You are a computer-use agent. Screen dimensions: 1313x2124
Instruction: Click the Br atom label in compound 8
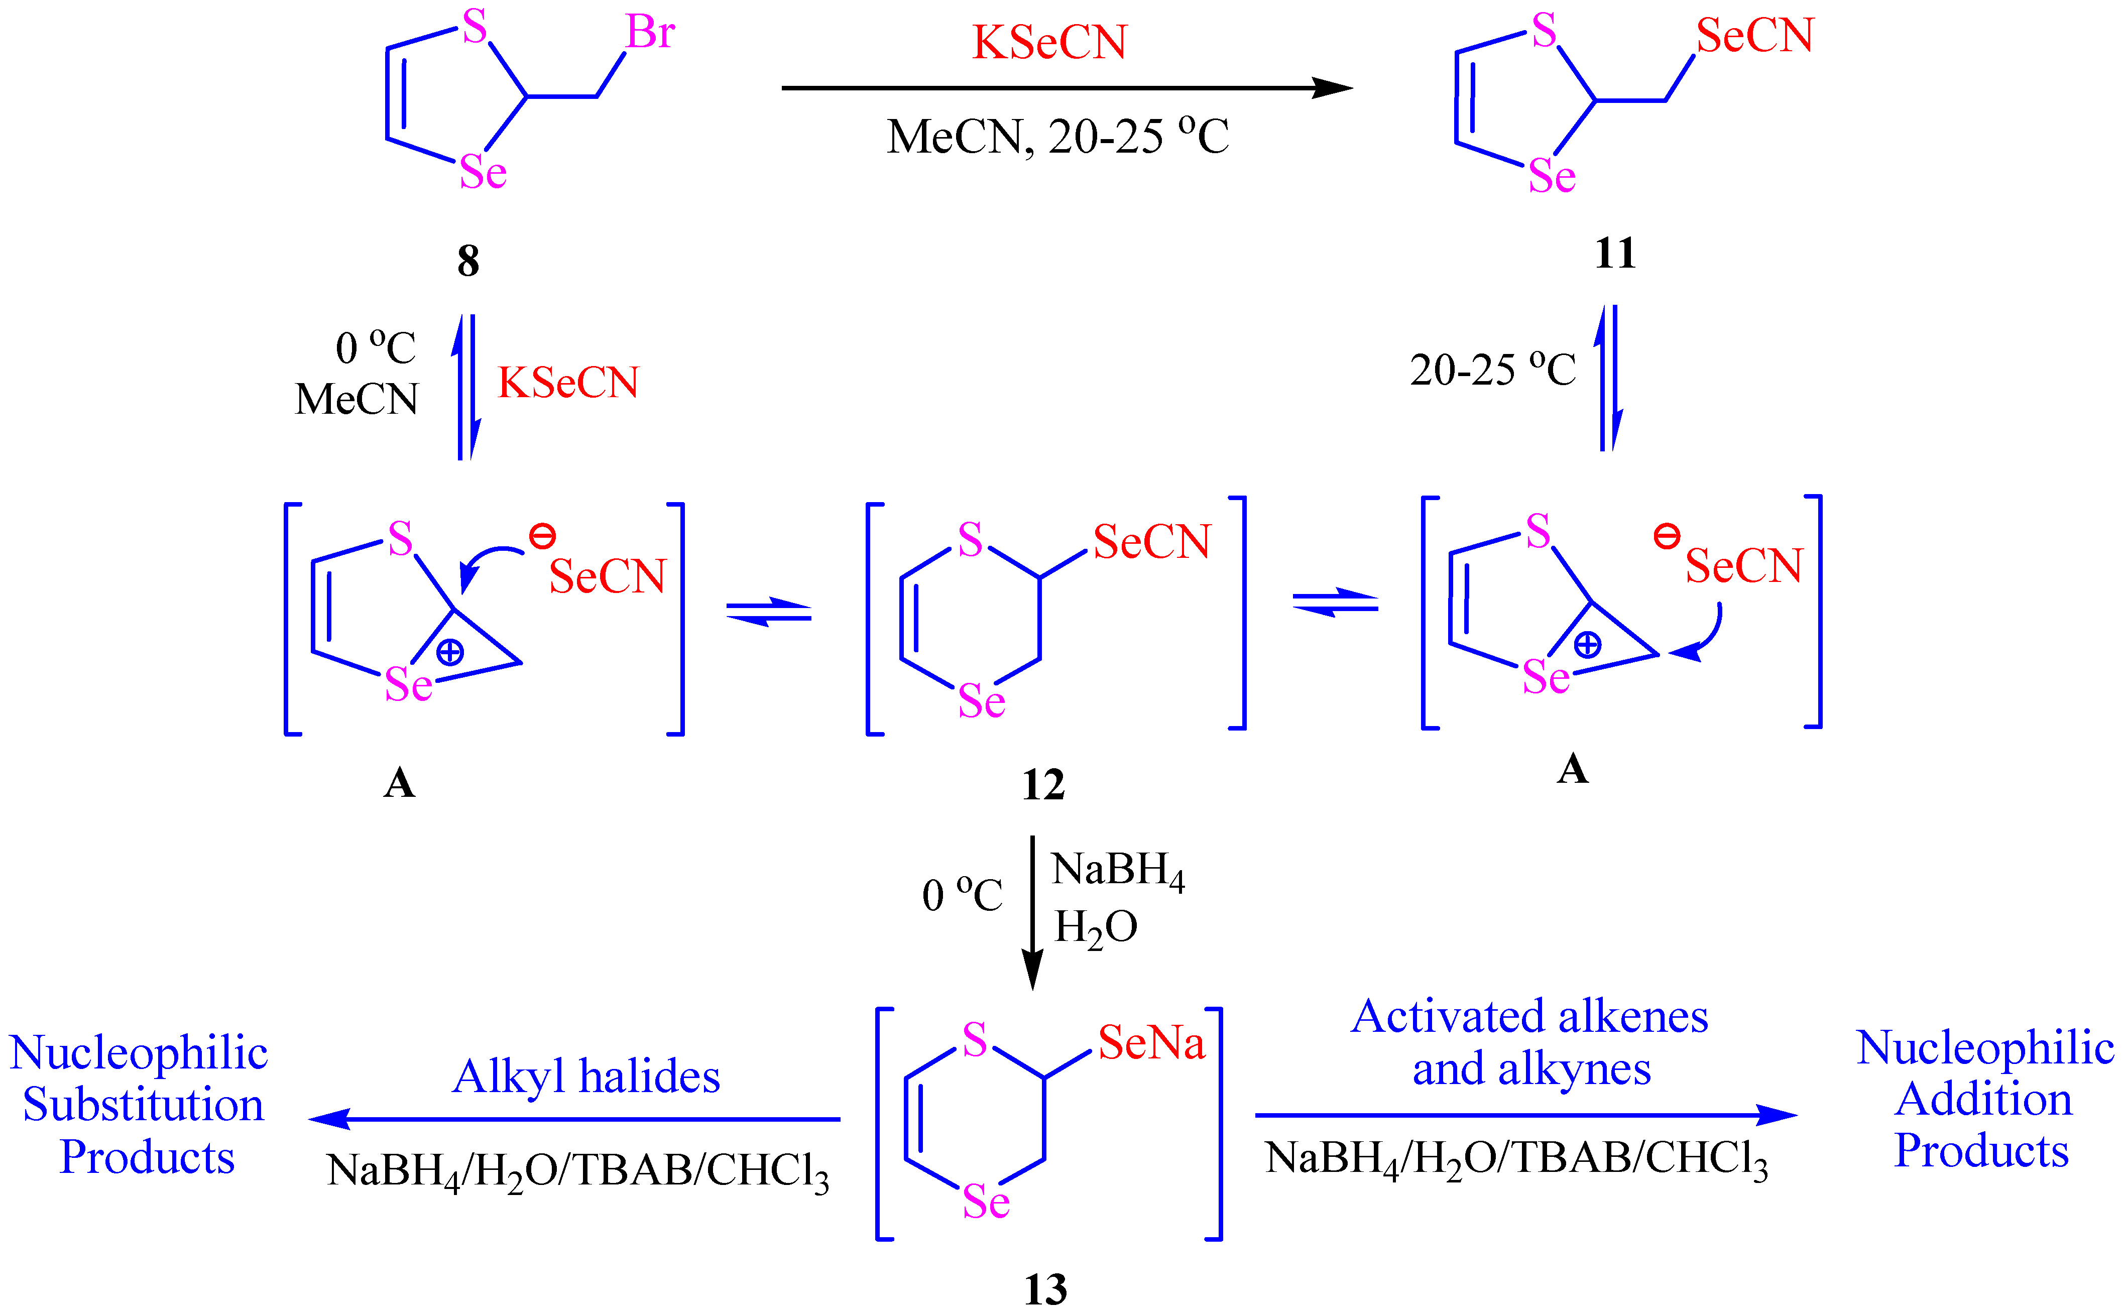point(650,33)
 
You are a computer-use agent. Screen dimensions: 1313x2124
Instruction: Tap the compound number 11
point(1615,254)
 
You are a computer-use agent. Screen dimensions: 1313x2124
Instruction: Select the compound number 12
point(1043,785)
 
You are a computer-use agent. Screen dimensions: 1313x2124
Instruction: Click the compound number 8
point(468,261)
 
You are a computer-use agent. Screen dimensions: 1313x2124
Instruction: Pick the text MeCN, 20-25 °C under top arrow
point(1057,137)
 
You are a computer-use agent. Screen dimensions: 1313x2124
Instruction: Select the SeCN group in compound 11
point(1755,36)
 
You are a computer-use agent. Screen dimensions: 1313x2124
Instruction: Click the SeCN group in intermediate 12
point(1151,542)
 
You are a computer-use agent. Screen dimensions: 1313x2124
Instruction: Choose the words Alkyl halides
point(586,1077)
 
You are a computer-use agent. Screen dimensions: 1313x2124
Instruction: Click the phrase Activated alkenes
point(1529,1016)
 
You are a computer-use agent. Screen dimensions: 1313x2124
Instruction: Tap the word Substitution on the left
point(143,1105)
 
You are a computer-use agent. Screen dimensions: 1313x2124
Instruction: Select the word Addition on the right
point(1983,1100)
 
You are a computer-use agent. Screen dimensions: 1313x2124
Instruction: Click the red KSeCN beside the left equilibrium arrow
point(568,383)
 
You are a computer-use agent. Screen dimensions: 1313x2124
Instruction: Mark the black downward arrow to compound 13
point(1031,912)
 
